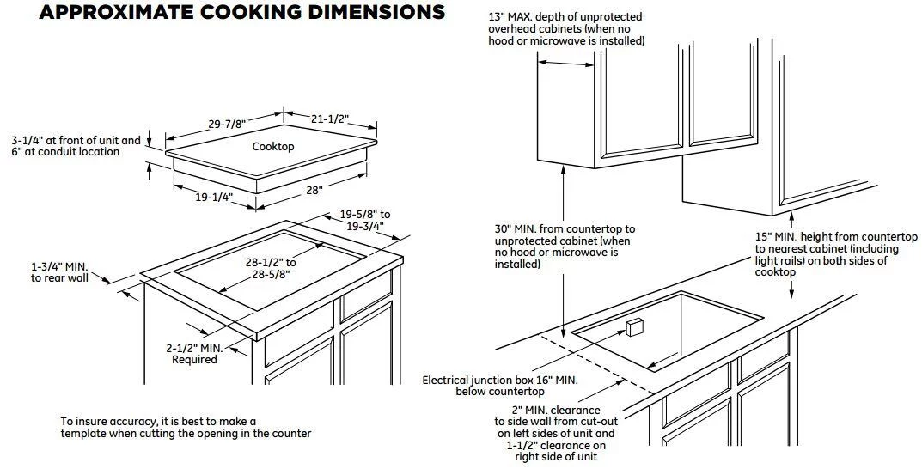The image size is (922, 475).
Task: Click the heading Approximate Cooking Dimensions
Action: point(242,12)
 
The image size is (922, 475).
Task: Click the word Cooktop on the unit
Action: point(273,146)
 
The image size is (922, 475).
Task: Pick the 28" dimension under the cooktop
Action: point(314,190)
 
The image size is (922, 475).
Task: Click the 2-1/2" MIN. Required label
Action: point(194,354)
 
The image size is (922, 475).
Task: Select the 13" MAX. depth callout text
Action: point(565,29)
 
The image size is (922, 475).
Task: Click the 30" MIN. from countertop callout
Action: point(565,247)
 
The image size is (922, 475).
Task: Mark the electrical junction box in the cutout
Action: point(635,327)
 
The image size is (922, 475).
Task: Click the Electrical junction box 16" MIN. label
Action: point(500,386)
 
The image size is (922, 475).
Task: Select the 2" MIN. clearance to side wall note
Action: point(550,434)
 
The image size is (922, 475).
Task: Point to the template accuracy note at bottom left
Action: point(186,428)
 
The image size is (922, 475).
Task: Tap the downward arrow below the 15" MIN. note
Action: point(791,289)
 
